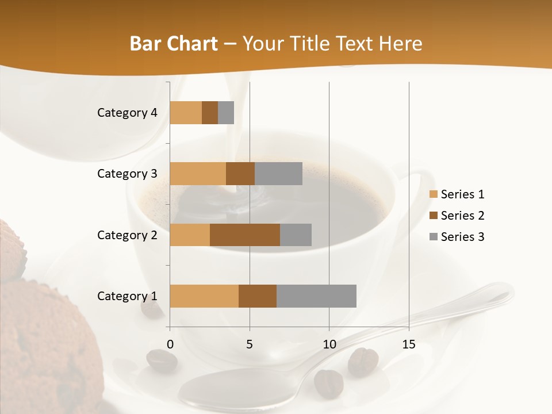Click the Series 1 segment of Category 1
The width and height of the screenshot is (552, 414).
(204, 296)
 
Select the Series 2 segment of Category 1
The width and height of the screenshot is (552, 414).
(258, 296)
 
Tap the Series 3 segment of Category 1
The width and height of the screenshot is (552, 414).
(316, 296)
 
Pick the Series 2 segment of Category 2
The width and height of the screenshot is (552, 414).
(245, 235)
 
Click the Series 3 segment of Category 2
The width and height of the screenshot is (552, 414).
(296, 235)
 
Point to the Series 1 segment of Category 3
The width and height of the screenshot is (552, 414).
(198, 174)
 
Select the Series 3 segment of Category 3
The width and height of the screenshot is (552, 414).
(278, 174)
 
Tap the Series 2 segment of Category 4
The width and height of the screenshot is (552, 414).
(210, 113)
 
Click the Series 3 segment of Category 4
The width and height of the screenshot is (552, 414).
(226, 113)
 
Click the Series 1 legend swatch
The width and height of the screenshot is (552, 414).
(433, 194)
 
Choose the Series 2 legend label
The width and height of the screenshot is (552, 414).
(462, 216)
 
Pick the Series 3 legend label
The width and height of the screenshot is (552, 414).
(462, 237)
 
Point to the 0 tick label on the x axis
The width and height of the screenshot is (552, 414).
(170, 344)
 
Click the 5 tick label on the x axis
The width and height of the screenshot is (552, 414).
(250, 344)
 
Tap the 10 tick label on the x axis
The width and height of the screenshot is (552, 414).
(329, 344)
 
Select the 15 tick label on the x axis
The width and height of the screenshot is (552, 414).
(409, 344)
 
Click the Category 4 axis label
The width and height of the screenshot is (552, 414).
(127, 113)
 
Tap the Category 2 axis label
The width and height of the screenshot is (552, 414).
(127, 235)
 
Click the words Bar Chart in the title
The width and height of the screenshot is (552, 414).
(174, 44)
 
